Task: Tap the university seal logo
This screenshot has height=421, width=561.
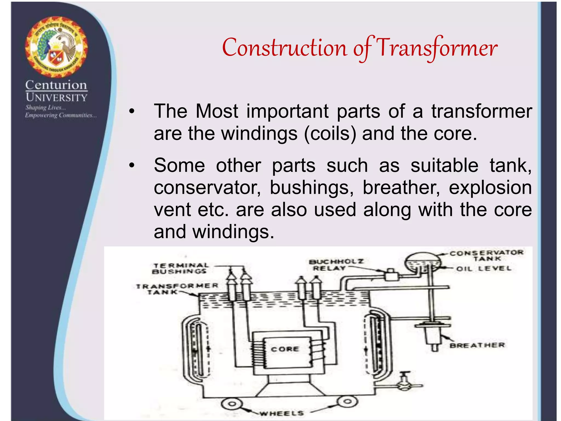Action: tap(56, 47)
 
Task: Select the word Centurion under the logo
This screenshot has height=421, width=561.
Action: tap(56, 85)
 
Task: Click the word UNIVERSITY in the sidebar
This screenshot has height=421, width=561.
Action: tap(56, 98)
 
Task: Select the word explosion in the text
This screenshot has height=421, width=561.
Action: tap(490, 188)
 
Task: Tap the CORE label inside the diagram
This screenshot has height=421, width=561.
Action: tap(285, 349)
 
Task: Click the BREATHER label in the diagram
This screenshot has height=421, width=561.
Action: tap(477, 345)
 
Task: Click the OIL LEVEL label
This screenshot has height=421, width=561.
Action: tap(484, 269)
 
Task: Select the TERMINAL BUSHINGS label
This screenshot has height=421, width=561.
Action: tap(181, 268)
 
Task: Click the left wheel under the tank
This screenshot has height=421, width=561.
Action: tap(232, 404)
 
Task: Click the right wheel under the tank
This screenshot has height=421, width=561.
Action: tap(347, 402)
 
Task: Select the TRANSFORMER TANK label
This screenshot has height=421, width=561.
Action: tap(177, 289)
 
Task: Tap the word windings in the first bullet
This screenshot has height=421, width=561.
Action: tap(259, 133)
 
